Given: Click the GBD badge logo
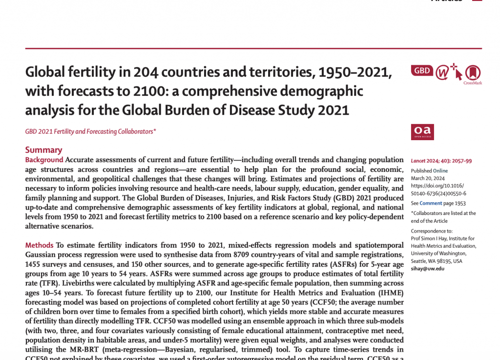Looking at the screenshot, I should pyautogui.click(x=422, y=71).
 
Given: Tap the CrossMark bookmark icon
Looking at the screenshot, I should pyautogui.click(x=472, y=73).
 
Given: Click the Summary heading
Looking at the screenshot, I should pyautogui.click(x=43, y=150).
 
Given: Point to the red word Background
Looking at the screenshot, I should pyautogui.click(x=44, y=160).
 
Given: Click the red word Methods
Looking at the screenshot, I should pyautogui.click(x=40, y=245).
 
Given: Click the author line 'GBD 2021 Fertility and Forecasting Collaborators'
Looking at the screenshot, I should pyautogui.click(x=91, y=131).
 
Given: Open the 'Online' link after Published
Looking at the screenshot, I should pyautogui.click(x=440, y=171).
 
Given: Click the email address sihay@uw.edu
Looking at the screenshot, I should pyautogui.click(x=428, y=268).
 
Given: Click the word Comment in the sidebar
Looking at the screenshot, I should pyautogui.click(x=431, y=203).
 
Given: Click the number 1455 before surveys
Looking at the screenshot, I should pyautogui.click(x=35, y=264).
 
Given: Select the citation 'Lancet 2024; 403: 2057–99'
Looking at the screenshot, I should pyautogui.click(x=441, y=161).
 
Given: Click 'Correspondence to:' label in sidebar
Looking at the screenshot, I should pyautogui.click(x=432, y=231).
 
